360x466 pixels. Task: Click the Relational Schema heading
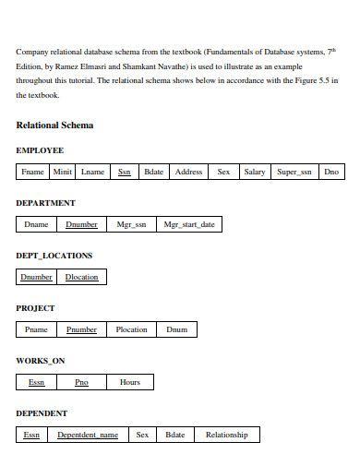54,125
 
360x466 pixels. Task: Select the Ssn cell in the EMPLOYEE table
124,172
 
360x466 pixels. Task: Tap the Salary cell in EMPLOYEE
254,172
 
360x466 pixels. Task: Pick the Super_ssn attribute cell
294,172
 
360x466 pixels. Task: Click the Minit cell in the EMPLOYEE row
63,172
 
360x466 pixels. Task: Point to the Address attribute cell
188,172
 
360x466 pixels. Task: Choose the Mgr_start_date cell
188,224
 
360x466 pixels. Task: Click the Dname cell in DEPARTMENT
37,224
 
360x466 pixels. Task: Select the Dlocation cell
81,277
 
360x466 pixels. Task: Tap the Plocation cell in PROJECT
131,329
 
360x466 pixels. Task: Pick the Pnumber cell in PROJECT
81,329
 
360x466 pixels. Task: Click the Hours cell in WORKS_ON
130,382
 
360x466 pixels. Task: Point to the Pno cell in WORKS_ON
81,382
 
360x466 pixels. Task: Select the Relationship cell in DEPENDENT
227,435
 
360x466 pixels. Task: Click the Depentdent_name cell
88,435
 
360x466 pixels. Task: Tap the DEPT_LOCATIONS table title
54,255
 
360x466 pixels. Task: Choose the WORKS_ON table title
41,360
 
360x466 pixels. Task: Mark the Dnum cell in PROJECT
176,329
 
